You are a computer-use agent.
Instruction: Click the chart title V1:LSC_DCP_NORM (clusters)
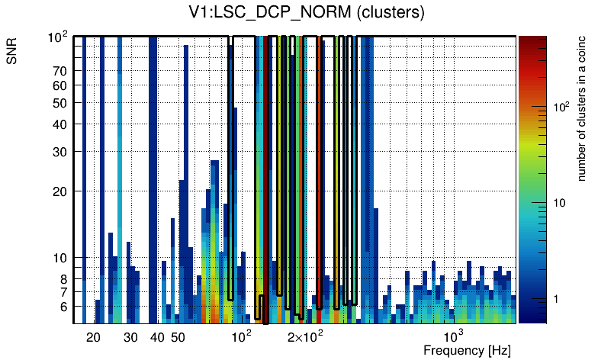tap(306, 13)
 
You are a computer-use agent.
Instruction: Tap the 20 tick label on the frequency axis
tap(94, 337)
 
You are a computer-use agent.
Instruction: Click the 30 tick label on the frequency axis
tap(130, 337)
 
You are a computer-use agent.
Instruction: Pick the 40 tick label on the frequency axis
tap(157, 337)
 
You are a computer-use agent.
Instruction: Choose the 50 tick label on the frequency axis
tap(178, 337)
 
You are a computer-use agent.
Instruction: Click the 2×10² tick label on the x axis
tap(306, 337)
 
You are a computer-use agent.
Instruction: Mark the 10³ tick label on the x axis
tap(454, 336)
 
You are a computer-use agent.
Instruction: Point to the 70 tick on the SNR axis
tap(61, 71)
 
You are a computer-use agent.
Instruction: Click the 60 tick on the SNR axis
tap(61, 85)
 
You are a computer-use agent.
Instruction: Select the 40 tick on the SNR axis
tap(61, 124)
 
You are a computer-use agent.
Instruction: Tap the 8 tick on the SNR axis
tap(64, 279)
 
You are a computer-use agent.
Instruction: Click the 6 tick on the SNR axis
tap(64, 307)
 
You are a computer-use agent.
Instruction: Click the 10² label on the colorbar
tap(561, 108)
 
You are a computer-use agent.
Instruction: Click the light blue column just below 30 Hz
tap(120, 153)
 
